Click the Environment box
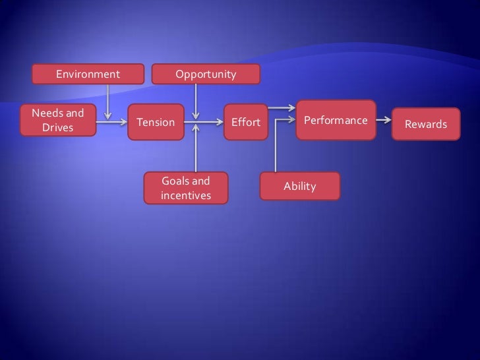click(88, 75)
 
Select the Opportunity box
click(205, 75)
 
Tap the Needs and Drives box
click(58, 120)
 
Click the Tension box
click(156, 122)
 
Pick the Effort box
click(245, 123)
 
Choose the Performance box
click(336, 120)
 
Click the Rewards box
click(425, 124)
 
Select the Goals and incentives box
click(186, 188)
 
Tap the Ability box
click(300, 187)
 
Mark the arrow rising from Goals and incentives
click(196, 148)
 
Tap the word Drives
click(58, 127)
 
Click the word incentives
click(186, 196)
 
